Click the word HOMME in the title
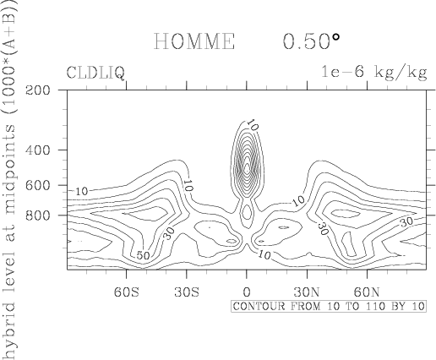point(194,41)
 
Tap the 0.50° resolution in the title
point(311,41)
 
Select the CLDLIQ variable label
point(95,73)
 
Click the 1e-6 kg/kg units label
point(374,73)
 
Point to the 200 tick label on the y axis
point(38,90)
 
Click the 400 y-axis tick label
point(38,150)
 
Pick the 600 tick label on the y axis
point(38,185)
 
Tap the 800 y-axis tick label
point(38,215)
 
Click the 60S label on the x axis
point(127,292)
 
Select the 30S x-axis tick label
point(187,292)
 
